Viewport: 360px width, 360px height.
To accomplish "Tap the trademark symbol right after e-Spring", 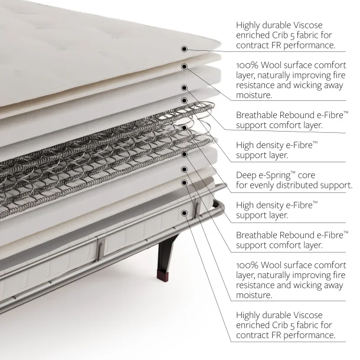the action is [x=293, y=172].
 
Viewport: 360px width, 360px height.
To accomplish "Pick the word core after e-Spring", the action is [x=306, y=176].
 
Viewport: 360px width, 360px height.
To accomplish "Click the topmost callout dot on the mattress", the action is [x=184, y=49].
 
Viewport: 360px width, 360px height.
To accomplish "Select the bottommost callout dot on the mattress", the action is [x=184, y=213].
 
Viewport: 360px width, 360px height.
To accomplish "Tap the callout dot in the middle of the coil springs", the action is [x=184, y=127].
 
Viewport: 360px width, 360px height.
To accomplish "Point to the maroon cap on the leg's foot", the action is [x=162, y=274].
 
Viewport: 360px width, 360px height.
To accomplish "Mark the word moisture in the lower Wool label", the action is [x=254, y=295].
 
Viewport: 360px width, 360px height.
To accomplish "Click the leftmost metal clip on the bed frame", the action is [x=100, y=248].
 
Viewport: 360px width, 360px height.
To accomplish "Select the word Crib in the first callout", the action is [x=280, y=35].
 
